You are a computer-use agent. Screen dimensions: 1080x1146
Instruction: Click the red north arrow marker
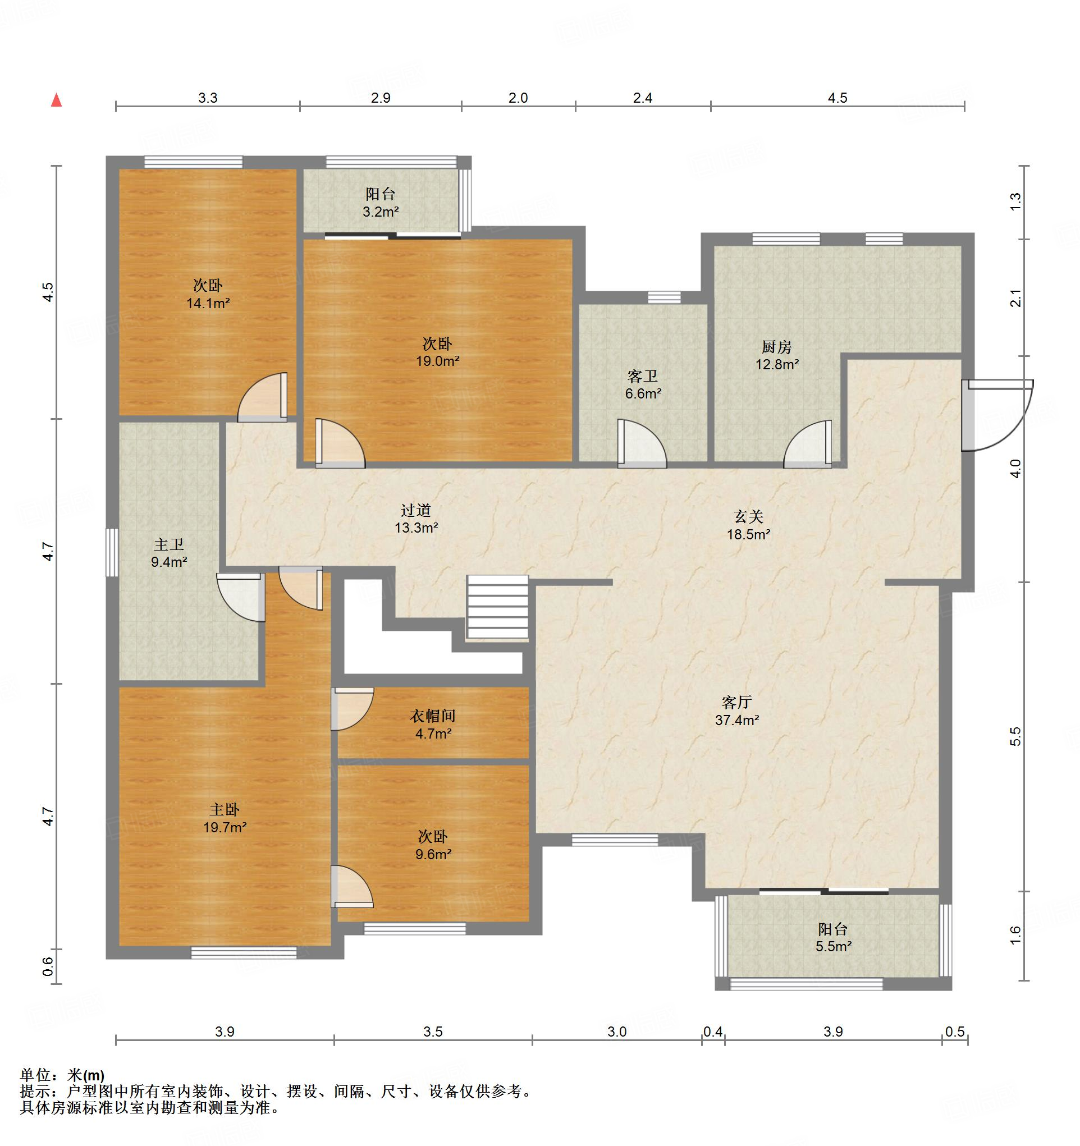(56, 100)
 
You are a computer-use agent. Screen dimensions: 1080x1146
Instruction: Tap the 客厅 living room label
(736, 702)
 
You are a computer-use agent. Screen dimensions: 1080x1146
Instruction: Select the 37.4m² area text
(737, 720)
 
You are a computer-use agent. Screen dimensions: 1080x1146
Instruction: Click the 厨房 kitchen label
(777, 347)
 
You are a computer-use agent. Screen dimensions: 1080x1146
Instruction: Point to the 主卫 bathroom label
(169, 544)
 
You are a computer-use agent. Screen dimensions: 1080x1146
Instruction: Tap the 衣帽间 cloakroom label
(432, 716)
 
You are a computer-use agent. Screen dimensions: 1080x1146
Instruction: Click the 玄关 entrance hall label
(748, 516)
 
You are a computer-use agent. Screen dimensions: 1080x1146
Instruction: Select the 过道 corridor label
(416, 510)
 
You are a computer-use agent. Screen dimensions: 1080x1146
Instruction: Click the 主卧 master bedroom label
(225, 810)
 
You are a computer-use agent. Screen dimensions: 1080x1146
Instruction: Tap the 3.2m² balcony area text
(381, 212)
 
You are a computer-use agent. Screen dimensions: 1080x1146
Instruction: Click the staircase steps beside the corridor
(497, 608)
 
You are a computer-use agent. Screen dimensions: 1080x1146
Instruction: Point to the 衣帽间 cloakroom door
(353, 709)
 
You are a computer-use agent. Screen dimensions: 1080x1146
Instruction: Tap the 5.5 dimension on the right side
(1015, 737)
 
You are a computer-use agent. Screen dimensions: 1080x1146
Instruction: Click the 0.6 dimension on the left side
(48, 966)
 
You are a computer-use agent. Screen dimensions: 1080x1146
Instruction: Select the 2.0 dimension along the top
(518, 98)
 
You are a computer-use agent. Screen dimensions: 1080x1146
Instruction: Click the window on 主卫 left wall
(112, 552)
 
